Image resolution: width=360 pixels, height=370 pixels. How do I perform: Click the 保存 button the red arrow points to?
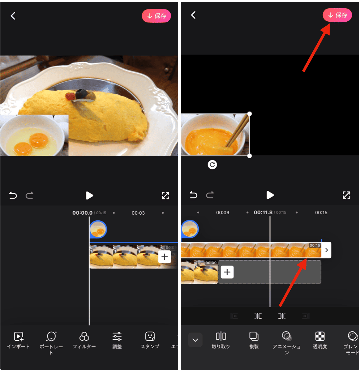click(x=337, y=15)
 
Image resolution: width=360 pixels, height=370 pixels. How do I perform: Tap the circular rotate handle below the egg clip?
click(x=213, y=165)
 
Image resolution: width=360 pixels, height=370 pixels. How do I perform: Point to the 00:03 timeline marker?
click(x=138, y=213)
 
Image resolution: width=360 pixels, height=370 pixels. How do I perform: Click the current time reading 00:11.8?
click(x=263, y=212)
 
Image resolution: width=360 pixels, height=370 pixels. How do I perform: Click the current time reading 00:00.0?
click(x=82, y=213)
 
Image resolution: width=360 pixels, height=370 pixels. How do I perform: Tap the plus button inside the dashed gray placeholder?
click(x=227, y=272)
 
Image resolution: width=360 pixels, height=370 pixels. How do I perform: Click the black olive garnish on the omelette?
click(x=82, y=93)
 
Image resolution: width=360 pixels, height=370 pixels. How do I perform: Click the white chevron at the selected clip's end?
click(x=326, y=250)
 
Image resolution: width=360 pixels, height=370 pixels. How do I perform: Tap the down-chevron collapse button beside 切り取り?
click(x=195, y=340)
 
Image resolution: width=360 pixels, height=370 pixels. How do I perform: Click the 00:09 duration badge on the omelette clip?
click(x=211, y=263)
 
